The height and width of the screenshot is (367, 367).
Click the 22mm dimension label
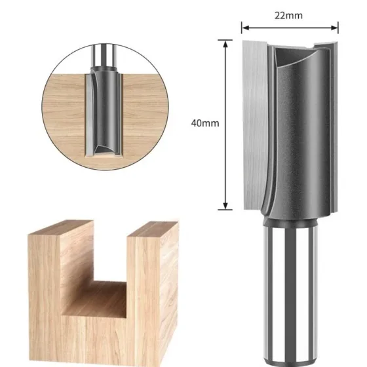click(x=288, y=16)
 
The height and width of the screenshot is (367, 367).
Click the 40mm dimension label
click(x=205, y=123)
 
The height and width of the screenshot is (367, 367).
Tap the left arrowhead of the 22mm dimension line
click(x=245, y=28)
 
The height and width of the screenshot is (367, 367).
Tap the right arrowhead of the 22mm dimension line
click(x=335, y=28)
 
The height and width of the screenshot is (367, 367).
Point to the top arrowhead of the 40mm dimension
click(x=225, y=44)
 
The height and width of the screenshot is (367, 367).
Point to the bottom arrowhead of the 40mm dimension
click(x=225, y=206)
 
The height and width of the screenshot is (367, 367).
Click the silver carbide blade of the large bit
click(x=255, y=124)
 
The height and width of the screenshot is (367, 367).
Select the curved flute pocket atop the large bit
click(x=295, y=56)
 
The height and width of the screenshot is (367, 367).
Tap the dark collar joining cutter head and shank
click(x=290, y=220)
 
